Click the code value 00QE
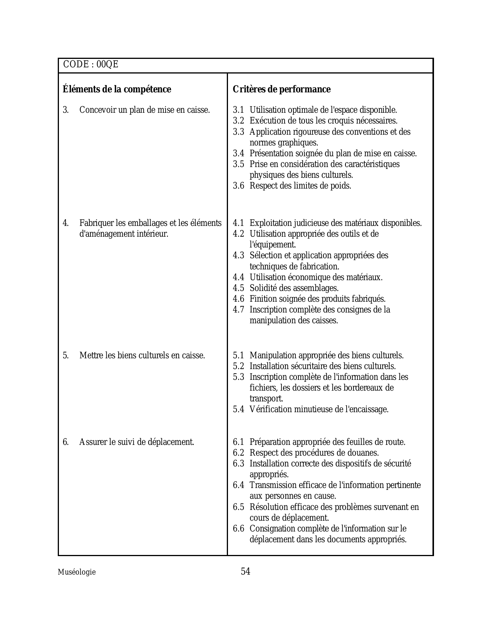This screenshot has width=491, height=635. coord(107,65)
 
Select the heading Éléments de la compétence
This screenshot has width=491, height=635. coord(117,89)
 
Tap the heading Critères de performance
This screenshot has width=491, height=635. coord(282,89)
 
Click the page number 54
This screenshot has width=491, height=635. coord(245,571)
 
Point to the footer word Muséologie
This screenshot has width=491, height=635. coord(77,572)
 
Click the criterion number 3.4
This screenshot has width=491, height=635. coord(238,154)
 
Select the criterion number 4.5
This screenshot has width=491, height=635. coord(238,288)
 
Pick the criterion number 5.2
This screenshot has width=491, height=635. coord(238,366)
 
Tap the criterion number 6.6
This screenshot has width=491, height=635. coord(238,529)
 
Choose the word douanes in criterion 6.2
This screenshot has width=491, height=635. coord(364,453)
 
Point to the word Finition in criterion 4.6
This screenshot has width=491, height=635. coord(262,299)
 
